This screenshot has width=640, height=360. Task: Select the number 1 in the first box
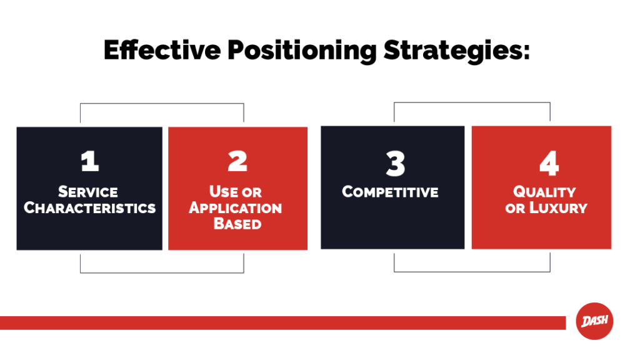pyautogui.click(x=90, y=162)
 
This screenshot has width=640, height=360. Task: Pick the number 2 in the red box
pyautogui.click(x=237, y=162)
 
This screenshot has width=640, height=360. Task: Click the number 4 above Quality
pyautogui.click(x=549, y=164)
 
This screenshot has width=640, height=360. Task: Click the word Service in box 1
pyautogui.click(x=88, y=192)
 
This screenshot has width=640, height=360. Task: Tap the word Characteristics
pyautogui.click(x=89, y=207)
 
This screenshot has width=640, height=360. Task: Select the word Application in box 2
pyautogui.click(x=236, y=207)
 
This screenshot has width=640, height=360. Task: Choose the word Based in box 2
pyautogui.click(x=237, y=223)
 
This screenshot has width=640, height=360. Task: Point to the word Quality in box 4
pyautogui.click(x=544, y=192)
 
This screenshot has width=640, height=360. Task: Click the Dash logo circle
pyautogui.click(x=594, y=322)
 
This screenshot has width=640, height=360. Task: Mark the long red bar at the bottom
pyautogui.click(x=281, y=322)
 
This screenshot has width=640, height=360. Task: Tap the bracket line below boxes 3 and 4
pyautogui.click(x=472, y=271)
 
